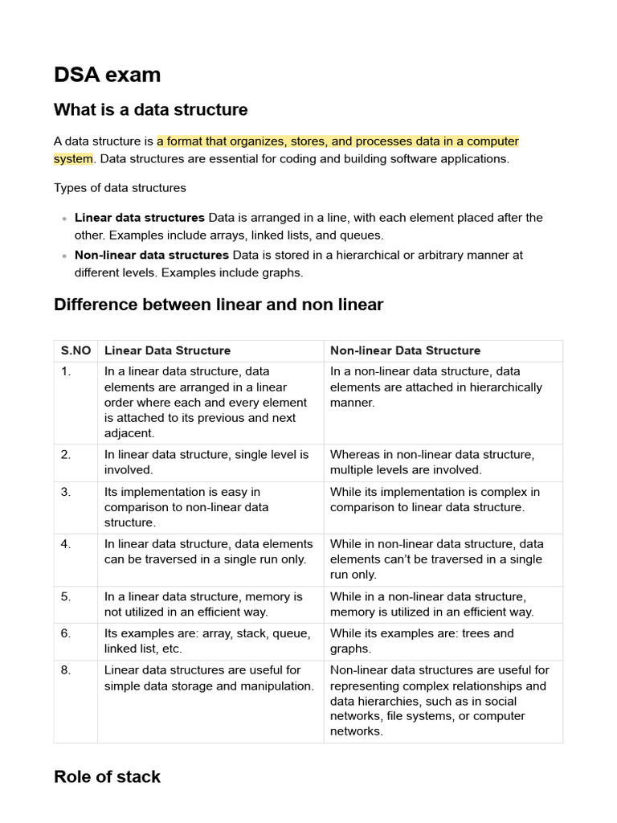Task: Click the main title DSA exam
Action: [107, 75]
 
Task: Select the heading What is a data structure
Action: [150, 109]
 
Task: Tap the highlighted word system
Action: [73, 158]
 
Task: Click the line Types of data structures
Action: [120, 187]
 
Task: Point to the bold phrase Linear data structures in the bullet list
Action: [139, 217]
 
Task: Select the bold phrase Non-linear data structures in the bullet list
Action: [152, 255]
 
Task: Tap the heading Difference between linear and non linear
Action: [218, 305]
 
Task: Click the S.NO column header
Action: [76, 350]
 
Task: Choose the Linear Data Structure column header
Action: [167, 350]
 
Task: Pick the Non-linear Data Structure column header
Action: [405, 350]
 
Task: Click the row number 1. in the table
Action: [66, 371]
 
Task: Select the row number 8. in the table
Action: [66, 669]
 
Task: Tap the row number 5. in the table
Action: [66, 596]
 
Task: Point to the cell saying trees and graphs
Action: [422, 641]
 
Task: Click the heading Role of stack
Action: [107, 776]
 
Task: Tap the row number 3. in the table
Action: [66, 491]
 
